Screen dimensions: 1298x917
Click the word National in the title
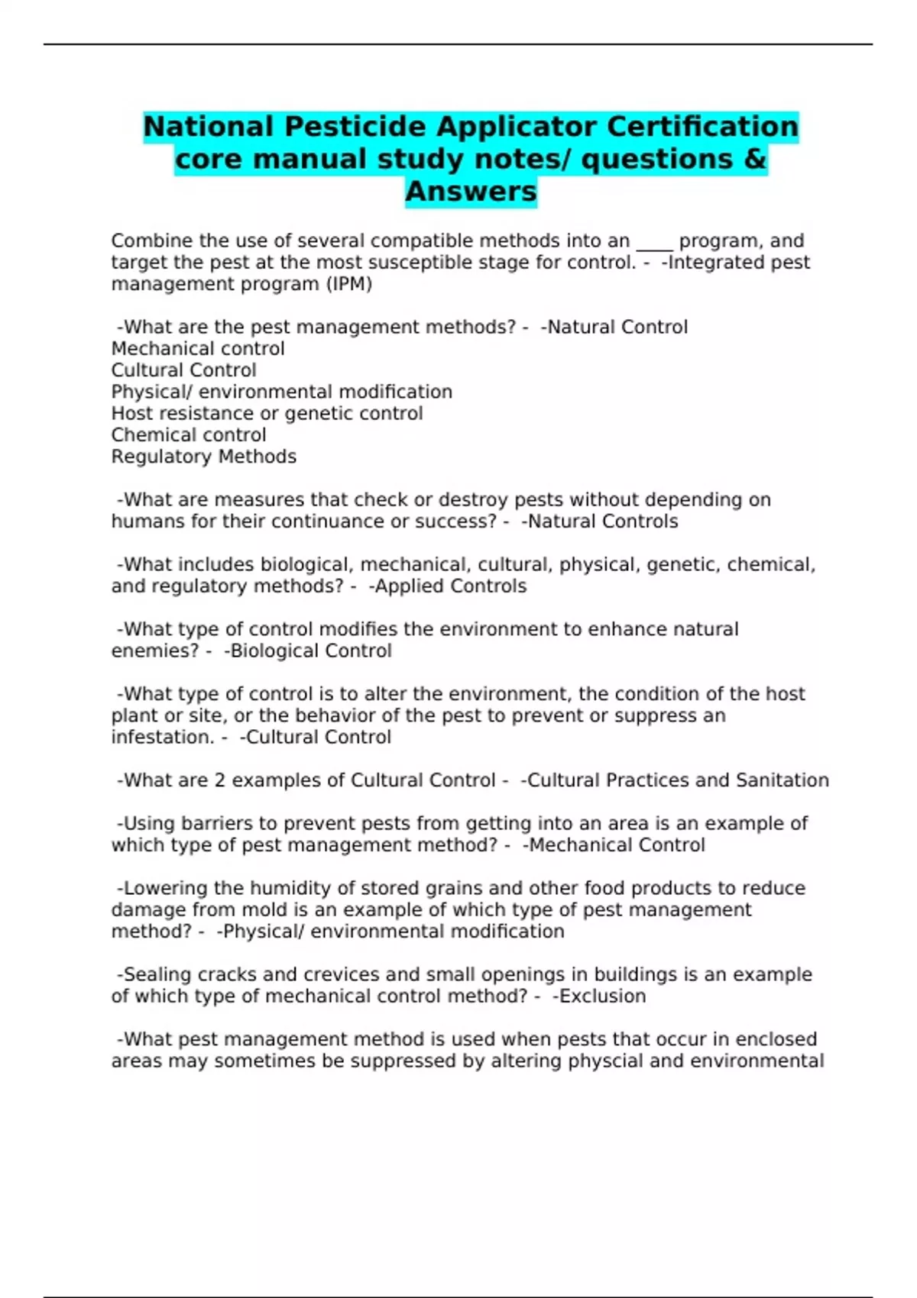[209, 127]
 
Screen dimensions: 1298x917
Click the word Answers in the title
[471, 192]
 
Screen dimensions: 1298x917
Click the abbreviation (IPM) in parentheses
[349, 284]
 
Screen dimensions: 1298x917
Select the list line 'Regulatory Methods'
[203, 457]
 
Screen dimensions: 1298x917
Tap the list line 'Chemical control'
[189, 435]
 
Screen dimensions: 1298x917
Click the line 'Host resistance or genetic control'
[267, 414]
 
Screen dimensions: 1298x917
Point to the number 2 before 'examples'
[220, 780]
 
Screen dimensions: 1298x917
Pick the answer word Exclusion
[603, 996]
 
